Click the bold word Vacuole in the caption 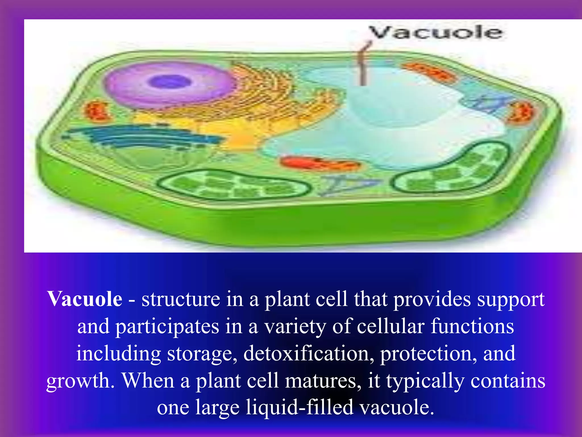pos(85,299)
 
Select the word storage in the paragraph pos(202,354)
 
